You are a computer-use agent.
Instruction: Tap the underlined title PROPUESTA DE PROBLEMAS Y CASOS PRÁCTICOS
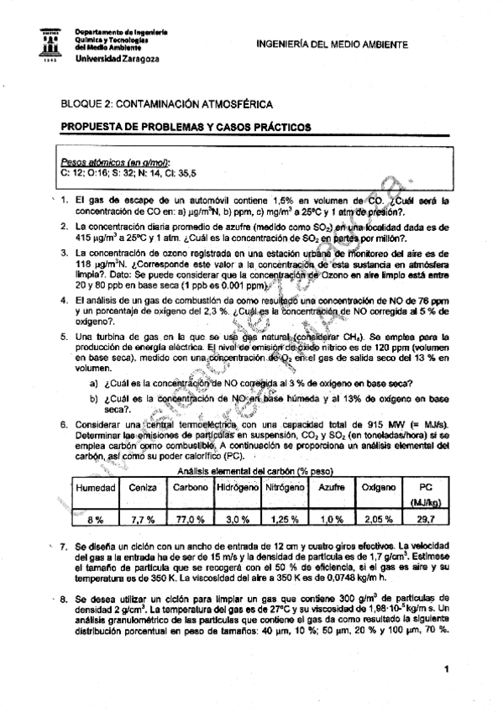pos(186,128)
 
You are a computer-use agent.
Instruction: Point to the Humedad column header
pos(96,487)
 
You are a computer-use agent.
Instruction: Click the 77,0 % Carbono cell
pos(191,519)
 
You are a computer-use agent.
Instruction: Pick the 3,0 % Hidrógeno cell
pos(238,519)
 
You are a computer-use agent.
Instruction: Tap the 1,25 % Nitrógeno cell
pos(286,519)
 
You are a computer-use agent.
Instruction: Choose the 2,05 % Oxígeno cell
pos(378,519)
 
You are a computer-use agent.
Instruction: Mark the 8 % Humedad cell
pos(94,519)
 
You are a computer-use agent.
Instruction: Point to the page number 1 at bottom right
pos(448,668)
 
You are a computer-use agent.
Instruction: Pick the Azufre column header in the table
pos(333,487)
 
